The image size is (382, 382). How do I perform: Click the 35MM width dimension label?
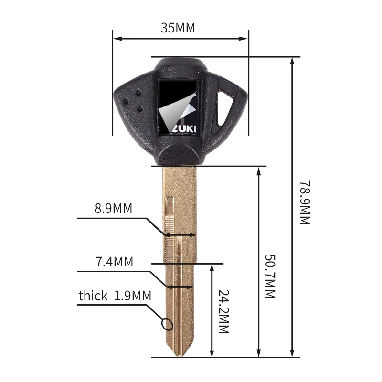(178, 28)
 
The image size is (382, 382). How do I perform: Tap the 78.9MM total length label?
(305, 202)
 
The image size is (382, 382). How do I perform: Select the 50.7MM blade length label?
(270, 276)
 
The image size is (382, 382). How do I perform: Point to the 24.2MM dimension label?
(223, 311)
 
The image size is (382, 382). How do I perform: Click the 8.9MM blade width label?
(114, 208)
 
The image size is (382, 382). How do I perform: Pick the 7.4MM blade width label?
(115, 262)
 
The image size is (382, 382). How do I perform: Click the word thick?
(93, 296)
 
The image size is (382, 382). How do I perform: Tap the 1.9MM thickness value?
(133, 296)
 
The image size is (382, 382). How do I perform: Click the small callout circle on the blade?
(167, 324)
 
